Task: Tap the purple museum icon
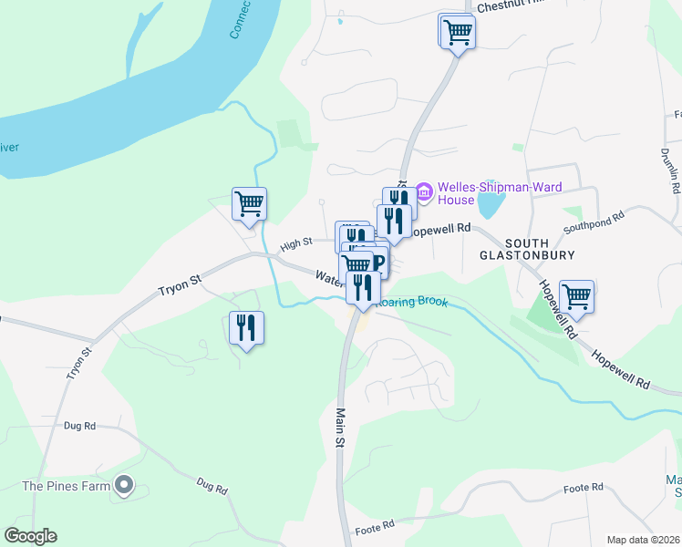(423, 191)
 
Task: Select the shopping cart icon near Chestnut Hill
(458, 33)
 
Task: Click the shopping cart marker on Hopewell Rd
(576, 296)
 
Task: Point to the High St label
(296, 244)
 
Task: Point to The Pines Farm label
(66, 486)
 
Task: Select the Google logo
(31, 536)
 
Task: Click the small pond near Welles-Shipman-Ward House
(489, 203)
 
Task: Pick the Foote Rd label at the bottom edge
(375, 528)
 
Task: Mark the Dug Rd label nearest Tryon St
(80, 426)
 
